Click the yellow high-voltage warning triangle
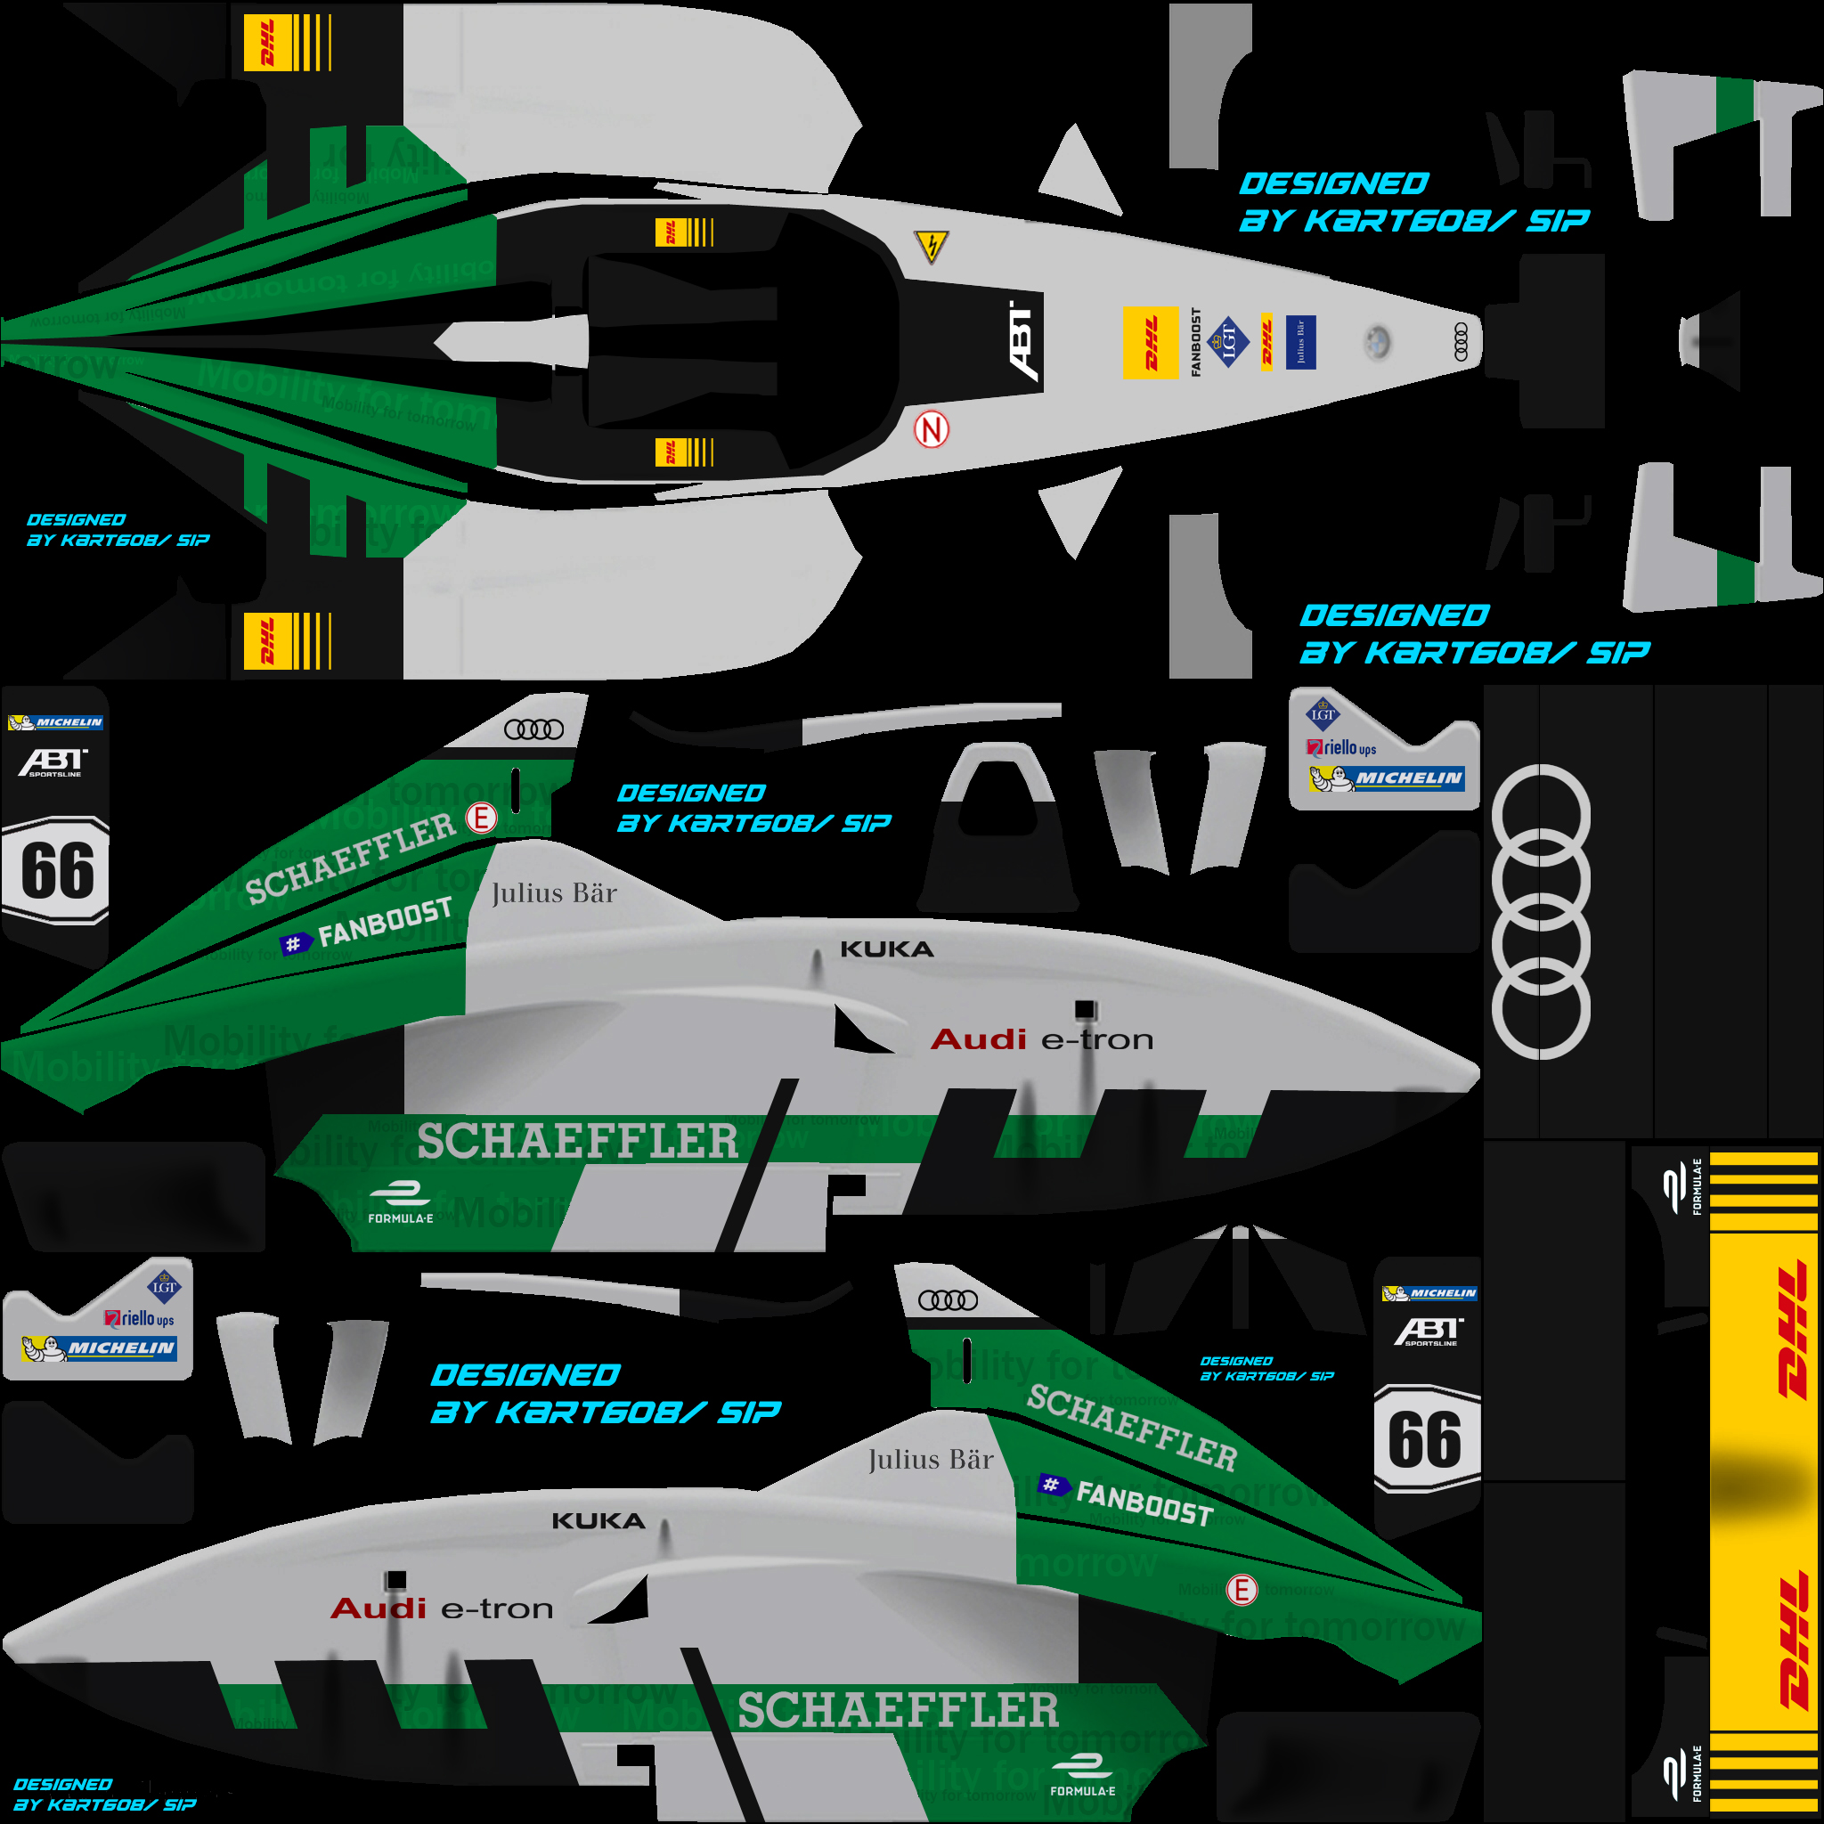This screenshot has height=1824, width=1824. (x=932, y=247)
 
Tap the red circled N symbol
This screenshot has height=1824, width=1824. (x=931, y=430)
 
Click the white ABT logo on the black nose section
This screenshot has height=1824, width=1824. (x=1023, y=341)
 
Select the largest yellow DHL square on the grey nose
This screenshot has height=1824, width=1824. (x=1150, y=343)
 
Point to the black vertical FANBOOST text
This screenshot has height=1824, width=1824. (x=1196, y=342)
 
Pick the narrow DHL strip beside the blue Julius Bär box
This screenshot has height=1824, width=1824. (x=1267, y=342)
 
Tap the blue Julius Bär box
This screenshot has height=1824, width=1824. (x=1300, y=342)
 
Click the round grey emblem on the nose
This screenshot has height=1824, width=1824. (x=1378, y=342)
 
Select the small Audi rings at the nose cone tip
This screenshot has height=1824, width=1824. (x=1461, y=342)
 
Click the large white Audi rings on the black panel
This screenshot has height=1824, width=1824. (x=1540, y=911)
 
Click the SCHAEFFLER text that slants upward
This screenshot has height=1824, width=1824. (x=351, y=858)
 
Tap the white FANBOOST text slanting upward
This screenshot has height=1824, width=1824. (x=385, y=922)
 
